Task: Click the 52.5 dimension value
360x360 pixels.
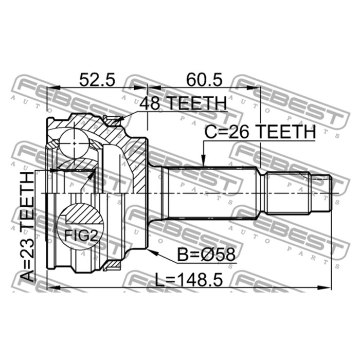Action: [97, 80]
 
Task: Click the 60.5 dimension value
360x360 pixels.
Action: [204, 80]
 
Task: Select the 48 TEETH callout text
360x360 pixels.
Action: [183, 103]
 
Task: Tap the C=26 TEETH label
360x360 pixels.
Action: [260, 132]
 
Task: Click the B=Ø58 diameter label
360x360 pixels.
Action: [206, 255]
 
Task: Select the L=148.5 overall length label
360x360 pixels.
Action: [189, 279]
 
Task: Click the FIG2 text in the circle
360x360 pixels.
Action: [81, 235]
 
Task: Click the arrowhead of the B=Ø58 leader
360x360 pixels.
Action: [153, 253]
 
